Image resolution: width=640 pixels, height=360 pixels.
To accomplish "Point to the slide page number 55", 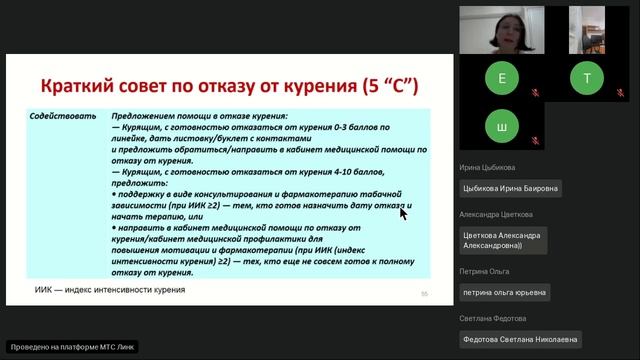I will [424, 293].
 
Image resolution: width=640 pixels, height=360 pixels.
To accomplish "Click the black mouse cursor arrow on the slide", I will [403, 212].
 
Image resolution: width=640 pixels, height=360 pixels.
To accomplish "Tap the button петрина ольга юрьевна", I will [504, 291].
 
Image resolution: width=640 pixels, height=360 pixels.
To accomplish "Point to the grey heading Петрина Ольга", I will [485, 270].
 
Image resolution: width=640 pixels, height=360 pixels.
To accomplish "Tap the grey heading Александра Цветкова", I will [497, 214].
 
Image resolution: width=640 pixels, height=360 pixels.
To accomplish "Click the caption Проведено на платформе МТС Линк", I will [71, 347].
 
